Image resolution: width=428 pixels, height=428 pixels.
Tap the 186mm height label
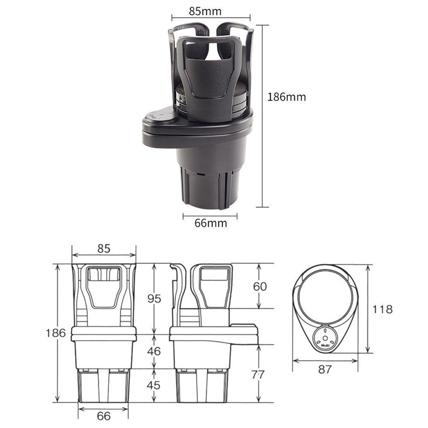[x=286, y=97]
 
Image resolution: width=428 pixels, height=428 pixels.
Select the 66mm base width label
[x=210, y=223]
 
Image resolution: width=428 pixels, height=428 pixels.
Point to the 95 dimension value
[x=154, y=299]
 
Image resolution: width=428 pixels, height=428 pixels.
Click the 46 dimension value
[x=154, y=351]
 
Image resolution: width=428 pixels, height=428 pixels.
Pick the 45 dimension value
[x=154, y=385]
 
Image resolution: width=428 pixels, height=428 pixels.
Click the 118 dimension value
[x=382, y=309]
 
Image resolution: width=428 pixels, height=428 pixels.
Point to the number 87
[x=325, y=369]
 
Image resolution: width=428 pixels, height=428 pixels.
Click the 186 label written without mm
[x=56, y=333]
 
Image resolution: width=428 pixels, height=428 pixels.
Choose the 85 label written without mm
[x=103, y=248]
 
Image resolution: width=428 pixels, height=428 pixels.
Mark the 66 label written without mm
[x=103, y=415]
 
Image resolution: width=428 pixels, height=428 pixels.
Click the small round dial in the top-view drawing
[x=325, y=337]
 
